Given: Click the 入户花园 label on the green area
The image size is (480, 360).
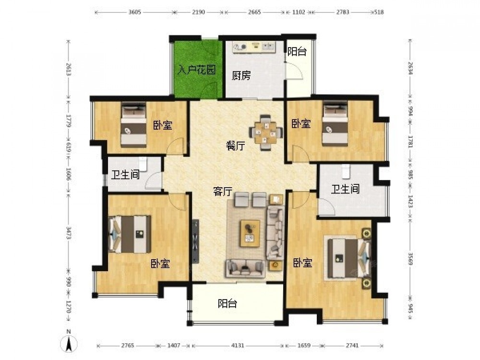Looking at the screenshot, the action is tap(197, 70).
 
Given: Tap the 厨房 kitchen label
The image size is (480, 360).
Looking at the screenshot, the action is tap(241, 75).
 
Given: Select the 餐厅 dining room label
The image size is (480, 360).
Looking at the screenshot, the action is tap(236, 146).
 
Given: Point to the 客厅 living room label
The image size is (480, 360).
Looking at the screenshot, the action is tap(223, 192).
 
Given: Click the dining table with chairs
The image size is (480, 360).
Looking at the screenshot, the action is tap(265, 133).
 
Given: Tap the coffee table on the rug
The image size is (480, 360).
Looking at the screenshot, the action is tap(250, 233).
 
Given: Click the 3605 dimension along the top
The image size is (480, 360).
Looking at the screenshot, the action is tap(135, 12).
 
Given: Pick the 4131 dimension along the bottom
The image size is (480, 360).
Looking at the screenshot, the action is tap(238, 345).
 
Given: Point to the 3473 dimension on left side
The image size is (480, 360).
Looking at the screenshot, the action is tap(69, 234).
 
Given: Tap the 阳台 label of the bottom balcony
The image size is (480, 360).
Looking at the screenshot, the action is tap(228, 304).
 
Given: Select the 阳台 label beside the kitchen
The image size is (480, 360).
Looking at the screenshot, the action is tap(297, 51).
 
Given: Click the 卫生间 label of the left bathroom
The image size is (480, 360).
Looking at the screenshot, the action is tap(125, 175).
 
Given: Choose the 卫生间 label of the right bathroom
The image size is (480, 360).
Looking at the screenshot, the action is tap(345, 189).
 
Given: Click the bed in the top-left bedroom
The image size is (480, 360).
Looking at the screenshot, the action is tap(133, 125).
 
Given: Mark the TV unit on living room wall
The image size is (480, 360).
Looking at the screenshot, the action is tap(195, 241).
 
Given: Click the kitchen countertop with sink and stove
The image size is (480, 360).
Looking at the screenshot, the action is tap(254, 47).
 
